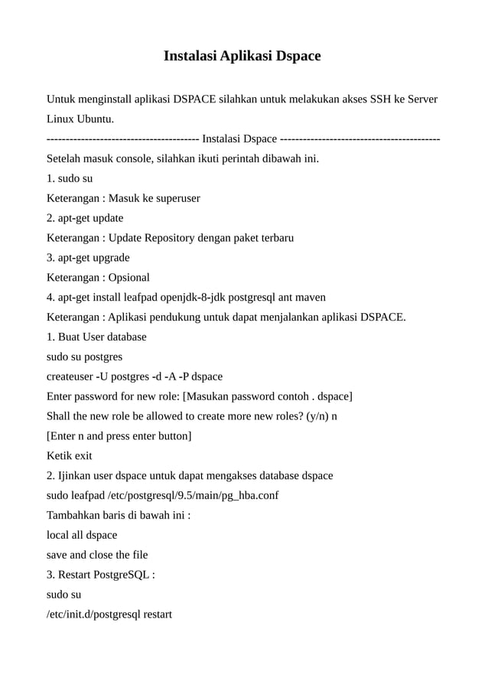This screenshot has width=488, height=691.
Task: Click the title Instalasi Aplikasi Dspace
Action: point(242,57)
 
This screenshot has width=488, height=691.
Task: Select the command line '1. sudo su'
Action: point(70,178)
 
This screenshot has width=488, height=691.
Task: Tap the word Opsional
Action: point(129,278)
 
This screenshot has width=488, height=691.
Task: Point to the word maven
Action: point(311,298)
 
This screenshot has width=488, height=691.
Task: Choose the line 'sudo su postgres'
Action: point(84,357)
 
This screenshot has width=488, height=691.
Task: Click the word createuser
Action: point(70,376)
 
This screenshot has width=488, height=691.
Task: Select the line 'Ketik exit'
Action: point(70,456)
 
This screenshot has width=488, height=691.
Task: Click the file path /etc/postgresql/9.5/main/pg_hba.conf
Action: point(194,496)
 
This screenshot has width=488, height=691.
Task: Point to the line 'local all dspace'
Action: point(82,535)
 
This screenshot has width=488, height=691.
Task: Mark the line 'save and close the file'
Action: point(97,555)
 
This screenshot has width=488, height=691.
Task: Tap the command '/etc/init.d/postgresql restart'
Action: point(109,614)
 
